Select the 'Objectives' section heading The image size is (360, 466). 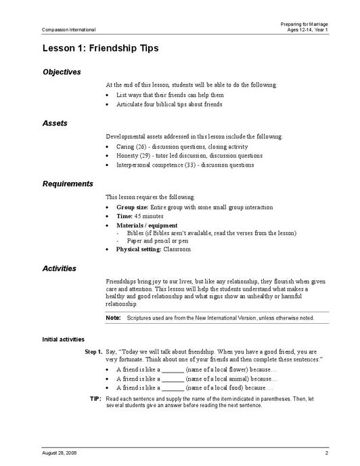click(x=62, y=72)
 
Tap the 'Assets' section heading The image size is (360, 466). click(x=55, y=124)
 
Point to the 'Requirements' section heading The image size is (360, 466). click(x=68, y=184)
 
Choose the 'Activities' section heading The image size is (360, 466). click(x=59, y=268)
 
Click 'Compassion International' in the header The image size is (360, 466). click(x=68, y=30)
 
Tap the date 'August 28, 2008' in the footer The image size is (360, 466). click(x=59, y=452)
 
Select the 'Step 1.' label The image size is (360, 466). click(x=93, y=353)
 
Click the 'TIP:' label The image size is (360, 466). click(x=95, y=399)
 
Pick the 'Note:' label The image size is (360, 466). click(x=114, y=318)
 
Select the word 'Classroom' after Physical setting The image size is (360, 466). click(x=177, y=249)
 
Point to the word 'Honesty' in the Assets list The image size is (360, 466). click(x=127, y=155)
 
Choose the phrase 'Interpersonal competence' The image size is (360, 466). click(x=150, y=164)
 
